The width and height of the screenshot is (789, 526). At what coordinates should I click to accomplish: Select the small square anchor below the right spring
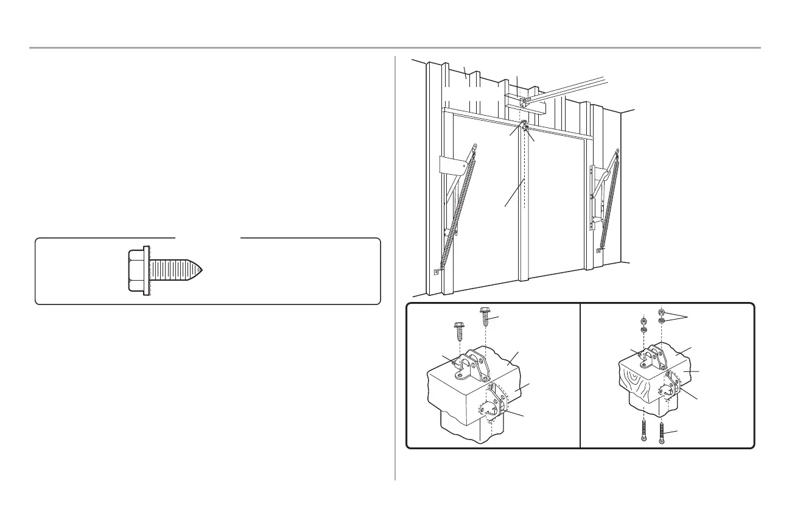coord(600,250)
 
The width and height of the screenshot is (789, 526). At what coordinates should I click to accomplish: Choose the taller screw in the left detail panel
coord(486,316)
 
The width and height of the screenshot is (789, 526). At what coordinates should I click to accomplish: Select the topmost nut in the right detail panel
coord(662,311)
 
